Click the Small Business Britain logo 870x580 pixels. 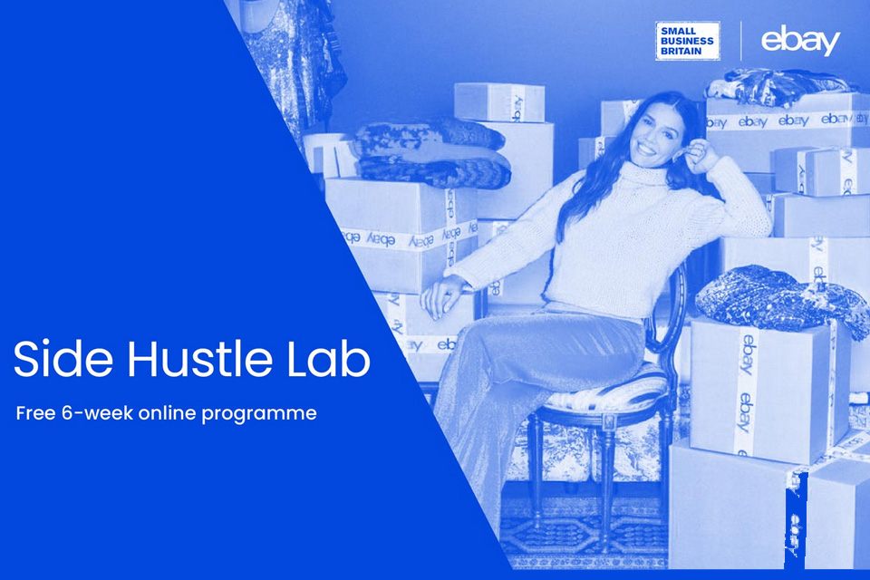(687, 41)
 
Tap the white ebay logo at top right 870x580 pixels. (800, 41)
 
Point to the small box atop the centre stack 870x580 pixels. (498, 101)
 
